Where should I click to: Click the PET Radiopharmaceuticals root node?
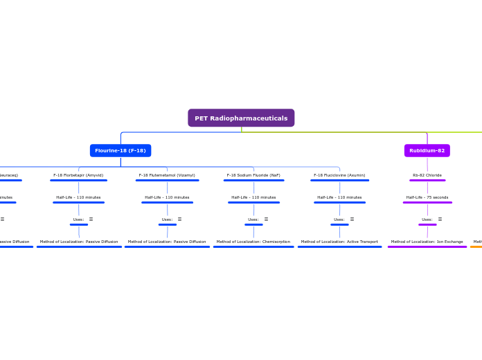pyautogui.click(x=241, y=118)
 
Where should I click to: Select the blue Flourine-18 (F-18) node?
pyautogui.click(x=120, y=150)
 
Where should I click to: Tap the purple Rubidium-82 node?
pyautogui.click(x=427, y=150)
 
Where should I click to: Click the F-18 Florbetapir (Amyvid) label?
pyautogui.click(x=78, y=175)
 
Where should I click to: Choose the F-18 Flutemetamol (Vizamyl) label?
pyautogui.click(x=167, y=175)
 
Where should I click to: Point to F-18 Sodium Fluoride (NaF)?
pyautogui.click(x=253, y=175)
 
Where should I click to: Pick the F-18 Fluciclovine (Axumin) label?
pyautogui.click(x=339, y=175)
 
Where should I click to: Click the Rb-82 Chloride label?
pyautogui.click(x=427, y=175)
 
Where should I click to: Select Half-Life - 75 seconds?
pyautogui.click(x=427, y=197)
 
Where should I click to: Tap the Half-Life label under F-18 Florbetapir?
pyautogui.click(x=78, y=197)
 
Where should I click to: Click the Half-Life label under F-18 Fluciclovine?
pyautogui.click(x=339, y=197)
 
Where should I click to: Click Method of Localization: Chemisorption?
pyautogui.click(x=253, y=242)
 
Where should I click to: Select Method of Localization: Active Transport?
pyautogui.click(x=339, y=242)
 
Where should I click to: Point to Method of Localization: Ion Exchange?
pyautogui.click(x=427, y=242)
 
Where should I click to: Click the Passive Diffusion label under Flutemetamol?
pyautogui.click(x=167, y=242)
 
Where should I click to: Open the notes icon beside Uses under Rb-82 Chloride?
pyautogui.click(x=440, y=219)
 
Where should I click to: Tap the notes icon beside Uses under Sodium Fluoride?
pyautogui.click(x=266, y=219)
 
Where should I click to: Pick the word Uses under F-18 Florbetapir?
pyautogui.click(x=78, y=219)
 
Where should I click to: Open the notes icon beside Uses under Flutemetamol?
pyautogui.click(x=179, y=219)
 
